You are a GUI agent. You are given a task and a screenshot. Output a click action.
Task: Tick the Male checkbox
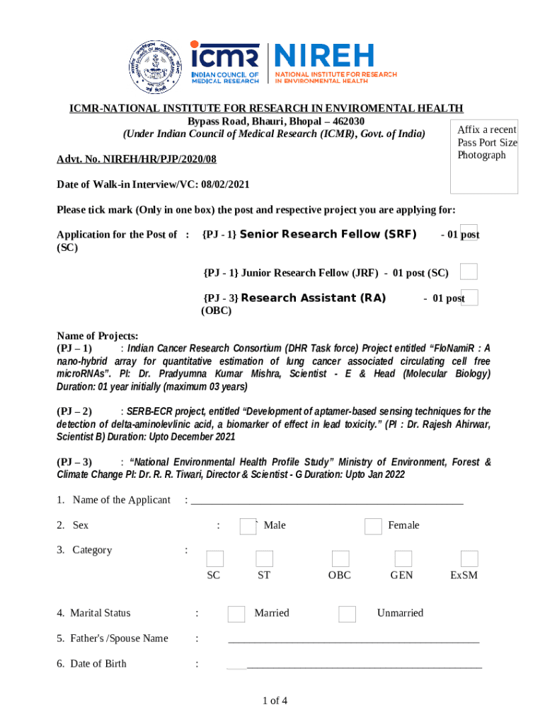coord(248,527)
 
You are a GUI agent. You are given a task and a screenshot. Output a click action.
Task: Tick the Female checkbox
coord(373,527)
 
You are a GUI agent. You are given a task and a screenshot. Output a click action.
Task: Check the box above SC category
coord(215,559)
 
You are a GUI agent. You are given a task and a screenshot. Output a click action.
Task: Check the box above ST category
coord(264,559)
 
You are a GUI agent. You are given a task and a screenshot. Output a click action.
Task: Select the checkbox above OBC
coord(340,559)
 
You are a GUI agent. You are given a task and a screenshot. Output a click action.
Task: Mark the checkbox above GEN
coord(403,559)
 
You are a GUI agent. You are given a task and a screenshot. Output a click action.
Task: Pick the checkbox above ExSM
coord(469,559)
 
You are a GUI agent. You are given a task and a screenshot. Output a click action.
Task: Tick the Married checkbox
coord(236,614)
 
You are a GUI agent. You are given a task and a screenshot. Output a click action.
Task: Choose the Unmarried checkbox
coord(347,614)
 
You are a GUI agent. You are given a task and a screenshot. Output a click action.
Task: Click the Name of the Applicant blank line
coord(327,502)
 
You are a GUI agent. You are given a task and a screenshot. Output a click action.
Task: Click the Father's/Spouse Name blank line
coord(353,641)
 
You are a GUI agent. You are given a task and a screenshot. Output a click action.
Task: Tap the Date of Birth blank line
coord(364,666)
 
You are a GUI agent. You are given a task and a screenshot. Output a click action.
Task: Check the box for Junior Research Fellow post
coord(469,271)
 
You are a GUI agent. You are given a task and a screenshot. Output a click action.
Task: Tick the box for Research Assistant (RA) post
coord(469,298)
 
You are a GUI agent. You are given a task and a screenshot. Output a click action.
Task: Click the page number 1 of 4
coord(275,701)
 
